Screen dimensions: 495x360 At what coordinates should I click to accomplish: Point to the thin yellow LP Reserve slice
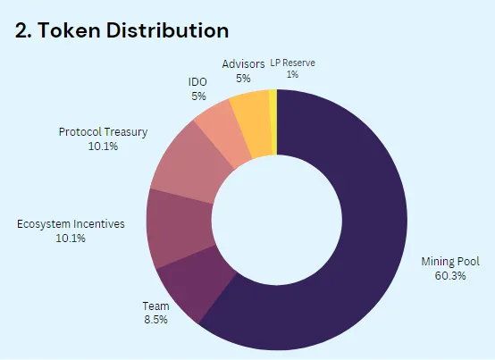pos(273,121)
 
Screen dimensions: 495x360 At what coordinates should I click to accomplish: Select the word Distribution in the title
pos(167,30)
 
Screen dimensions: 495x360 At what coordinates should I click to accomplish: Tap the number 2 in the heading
pos(21,31)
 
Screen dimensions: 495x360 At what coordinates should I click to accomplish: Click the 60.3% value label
pos(450,276)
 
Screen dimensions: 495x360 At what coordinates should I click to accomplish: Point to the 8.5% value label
pos(155,320)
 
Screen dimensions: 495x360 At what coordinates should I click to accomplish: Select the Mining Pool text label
pos(450,262)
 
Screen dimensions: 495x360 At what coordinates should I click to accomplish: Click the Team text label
pos(155,306)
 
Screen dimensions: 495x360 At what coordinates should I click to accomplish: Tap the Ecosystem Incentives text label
pos(71,224)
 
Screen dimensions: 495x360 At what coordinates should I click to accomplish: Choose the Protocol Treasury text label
pos(103,132)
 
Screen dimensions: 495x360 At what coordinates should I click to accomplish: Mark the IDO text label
pos(197,82)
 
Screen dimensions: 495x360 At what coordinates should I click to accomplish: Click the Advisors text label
pos(243,64)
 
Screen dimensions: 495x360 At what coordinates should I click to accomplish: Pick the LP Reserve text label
pos(292,63)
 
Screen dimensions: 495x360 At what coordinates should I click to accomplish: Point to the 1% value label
pos(292,74)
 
